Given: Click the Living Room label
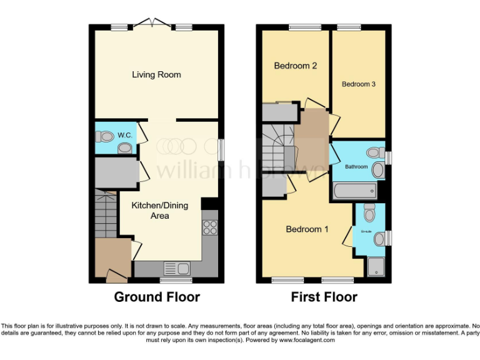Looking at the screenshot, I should click(156, 74).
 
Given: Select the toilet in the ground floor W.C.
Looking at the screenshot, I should click(105, 135).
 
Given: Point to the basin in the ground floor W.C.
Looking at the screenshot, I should click(126, 147).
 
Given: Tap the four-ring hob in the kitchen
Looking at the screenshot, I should click(209, 227).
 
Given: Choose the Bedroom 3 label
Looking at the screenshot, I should click(359, 84).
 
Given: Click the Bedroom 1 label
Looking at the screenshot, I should click(307, 229).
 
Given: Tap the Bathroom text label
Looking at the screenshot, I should click(357, 167).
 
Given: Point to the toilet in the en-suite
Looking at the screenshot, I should click(369, 214).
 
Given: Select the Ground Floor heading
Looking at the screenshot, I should click(157, 297).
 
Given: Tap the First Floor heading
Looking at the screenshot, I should click(324, 297).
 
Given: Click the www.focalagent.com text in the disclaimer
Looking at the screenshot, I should click(307, 341).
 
